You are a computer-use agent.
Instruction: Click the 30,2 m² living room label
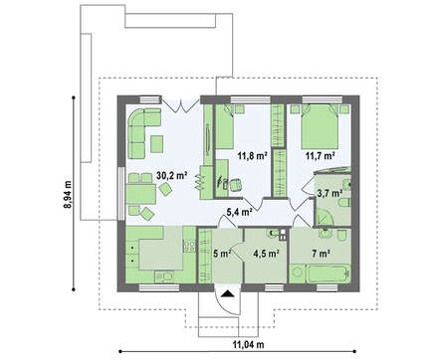tap(172, 176)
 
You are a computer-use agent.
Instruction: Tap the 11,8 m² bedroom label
tap(253, 155)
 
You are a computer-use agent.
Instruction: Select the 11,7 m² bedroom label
tap(320, 155)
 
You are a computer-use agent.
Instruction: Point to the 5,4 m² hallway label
tap(238, 212)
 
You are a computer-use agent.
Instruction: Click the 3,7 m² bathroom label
tap(329, 193)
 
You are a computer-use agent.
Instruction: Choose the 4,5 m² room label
tap(266, 254)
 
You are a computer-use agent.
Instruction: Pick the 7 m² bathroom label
tap(321, 254)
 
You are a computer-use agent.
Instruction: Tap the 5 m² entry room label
tap(222, 254)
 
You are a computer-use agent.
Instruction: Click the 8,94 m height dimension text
tap(68, 194)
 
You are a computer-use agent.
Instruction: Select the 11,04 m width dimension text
tap(248, 345)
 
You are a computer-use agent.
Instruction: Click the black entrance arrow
tap(227, 293)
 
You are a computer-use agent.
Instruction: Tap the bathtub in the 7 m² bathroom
tap(328, 273)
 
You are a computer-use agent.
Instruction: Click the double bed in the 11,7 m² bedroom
tap(320, 126)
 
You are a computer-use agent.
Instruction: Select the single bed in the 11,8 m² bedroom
tap(225, 126)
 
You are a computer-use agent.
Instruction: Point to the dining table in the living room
tap(141, 194)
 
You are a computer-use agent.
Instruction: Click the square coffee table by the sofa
tap(157, 144)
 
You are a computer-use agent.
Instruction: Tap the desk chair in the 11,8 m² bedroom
tap(235, 185)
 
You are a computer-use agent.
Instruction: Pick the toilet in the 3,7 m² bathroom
tap(345, 203)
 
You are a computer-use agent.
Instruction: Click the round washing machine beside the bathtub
tap(298, 273)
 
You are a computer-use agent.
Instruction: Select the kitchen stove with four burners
tap(190, 246)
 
